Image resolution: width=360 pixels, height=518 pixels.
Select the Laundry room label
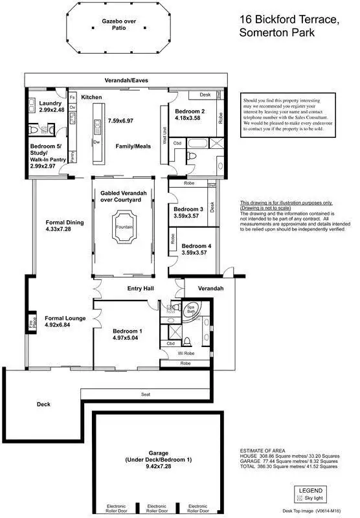click(51, 104)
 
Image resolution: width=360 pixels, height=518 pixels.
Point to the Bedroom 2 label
click(190, 111)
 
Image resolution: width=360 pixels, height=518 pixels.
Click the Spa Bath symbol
click(192, 310)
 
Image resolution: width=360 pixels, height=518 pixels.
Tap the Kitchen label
click(91, 97)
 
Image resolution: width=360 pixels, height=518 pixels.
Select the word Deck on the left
click(43, 404)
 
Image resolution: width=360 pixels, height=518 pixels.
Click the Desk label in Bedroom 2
click(205, 95)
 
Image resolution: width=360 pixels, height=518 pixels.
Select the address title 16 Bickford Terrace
click(288, 20)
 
